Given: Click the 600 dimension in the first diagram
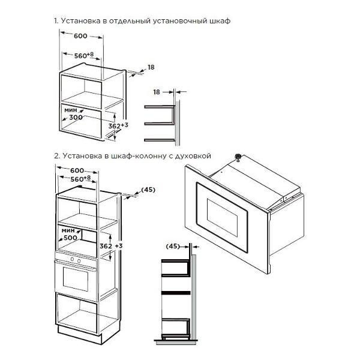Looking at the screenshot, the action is click(80, 36).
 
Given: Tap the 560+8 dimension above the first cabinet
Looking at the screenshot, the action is click(84, 55).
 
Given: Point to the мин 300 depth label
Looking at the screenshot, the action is click(73, 114).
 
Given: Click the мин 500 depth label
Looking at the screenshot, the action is click(70, 234).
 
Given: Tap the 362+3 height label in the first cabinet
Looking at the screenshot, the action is click(118, 125).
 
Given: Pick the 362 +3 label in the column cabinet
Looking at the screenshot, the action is click(111, 246).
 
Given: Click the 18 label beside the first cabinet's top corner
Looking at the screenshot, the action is click(151, 67).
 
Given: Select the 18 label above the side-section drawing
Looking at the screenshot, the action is click(157, 92).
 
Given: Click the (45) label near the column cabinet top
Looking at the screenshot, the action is click(148, 190).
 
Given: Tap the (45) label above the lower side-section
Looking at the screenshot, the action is click(173, 246).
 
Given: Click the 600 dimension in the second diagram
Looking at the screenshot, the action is click(77, 170).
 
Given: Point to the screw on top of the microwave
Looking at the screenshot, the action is click(238, 157).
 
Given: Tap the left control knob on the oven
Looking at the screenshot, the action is click(72, 259).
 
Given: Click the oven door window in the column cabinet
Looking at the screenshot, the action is click(76, 279).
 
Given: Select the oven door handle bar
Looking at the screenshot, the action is click(76, 265).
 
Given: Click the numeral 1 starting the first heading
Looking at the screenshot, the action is click(56, 21).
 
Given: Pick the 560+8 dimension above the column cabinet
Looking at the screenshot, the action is click(81, 179).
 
